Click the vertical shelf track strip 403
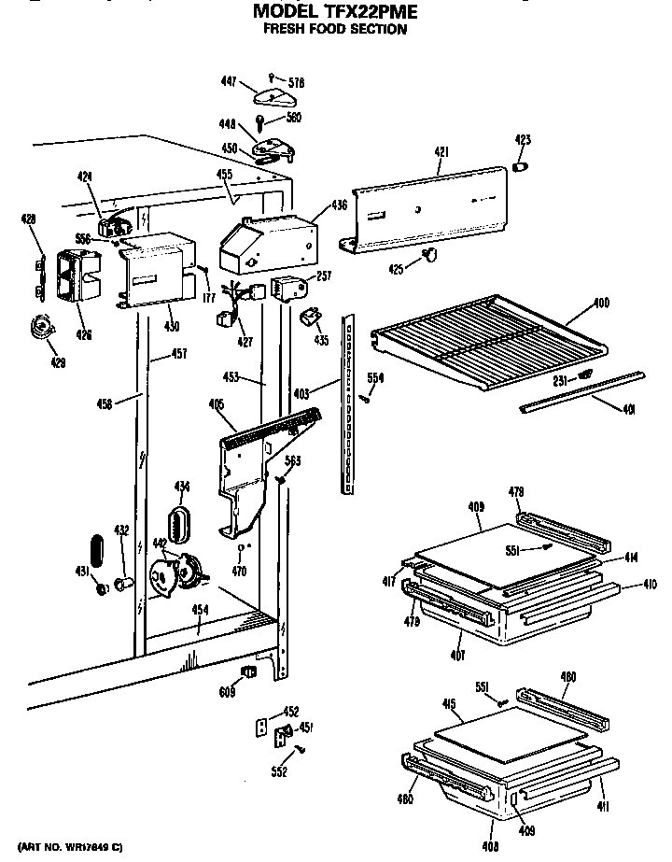click(x=348, y=402)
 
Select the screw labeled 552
click(x=301, y=749)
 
